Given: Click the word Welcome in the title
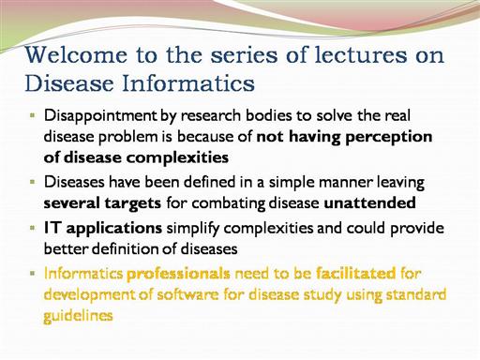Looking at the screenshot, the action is click(76, 54).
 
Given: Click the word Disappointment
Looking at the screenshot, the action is click(100, 116).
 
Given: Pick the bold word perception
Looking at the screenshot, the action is click(389, 138).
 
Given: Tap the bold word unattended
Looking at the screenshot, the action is click(369, 202).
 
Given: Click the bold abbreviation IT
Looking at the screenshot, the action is click(52, 228).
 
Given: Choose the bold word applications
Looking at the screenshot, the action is click(114, 229).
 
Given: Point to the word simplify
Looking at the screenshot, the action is click(193, 229).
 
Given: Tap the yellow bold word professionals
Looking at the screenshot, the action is click(178, 274).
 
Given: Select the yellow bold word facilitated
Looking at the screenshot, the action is click(356, 274).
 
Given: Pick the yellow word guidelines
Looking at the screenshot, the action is click(78, 316).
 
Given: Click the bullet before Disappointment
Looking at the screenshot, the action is click(32, 115).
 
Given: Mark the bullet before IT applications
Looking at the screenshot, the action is click(32, 228).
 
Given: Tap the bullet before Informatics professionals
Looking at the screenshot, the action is click(32, 273).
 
